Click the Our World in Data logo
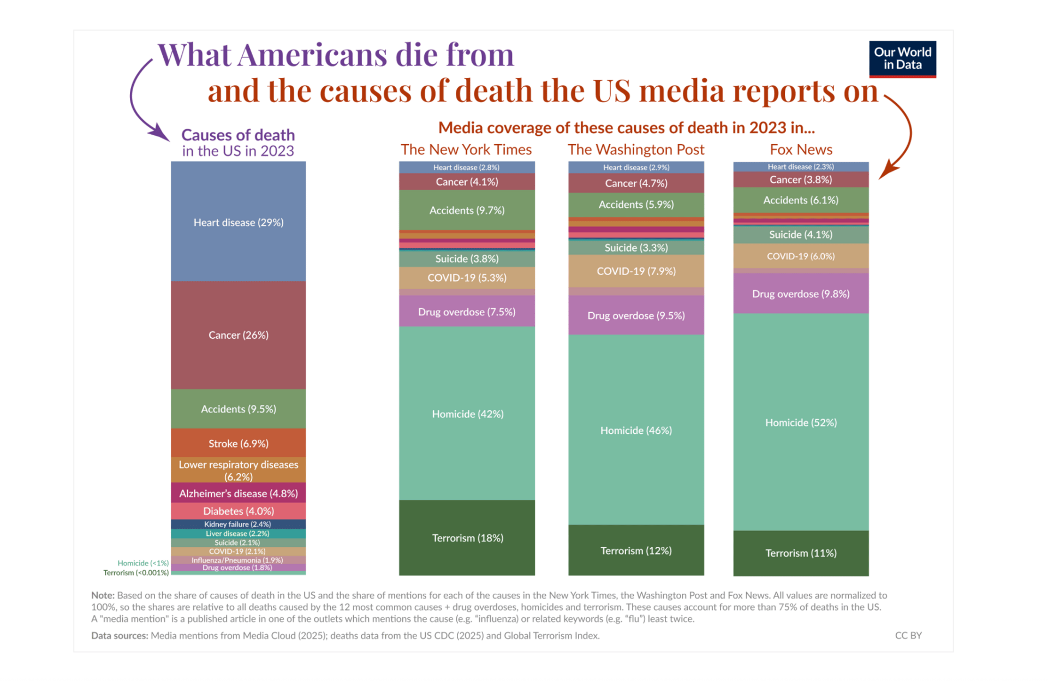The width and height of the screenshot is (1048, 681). pos(902,59)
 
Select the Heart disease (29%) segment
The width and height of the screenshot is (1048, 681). pos(238,222)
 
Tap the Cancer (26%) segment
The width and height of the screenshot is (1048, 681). pos(238,334)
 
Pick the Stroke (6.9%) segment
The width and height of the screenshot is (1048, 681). pos(238,443)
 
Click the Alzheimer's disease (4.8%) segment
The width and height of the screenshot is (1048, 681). pos(238,493)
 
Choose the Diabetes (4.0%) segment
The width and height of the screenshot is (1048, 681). pos(238,511)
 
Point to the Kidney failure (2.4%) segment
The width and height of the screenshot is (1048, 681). pos(238,524)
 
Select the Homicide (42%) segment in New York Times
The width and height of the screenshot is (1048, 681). pos(467,414)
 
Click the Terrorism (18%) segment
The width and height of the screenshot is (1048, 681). pos(467,537)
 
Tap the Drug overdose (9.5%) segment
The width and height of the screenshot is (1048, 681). pos(636,315)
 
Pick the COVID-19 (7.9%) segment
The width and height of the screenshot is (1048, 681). pos(636,271)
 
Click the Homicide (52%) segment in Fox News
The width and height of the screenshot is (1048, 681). pos(801,422)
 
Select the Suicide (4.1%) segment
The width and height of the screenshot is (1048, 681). pos(801,235)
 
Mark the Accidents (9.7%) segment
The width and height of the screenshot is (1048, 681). pos(467,210)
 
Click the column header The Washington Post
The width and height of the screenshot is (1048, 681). pos(636,150)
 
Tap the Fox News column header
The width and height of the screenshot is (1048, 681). pos(801,150)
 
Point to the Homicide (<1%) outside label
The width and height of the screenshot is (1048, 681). pos(143,563)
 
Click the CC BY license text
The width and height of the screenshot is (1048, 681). pos(908,635)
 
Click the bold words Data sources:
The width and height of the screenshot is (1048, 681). pos(120,635)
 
